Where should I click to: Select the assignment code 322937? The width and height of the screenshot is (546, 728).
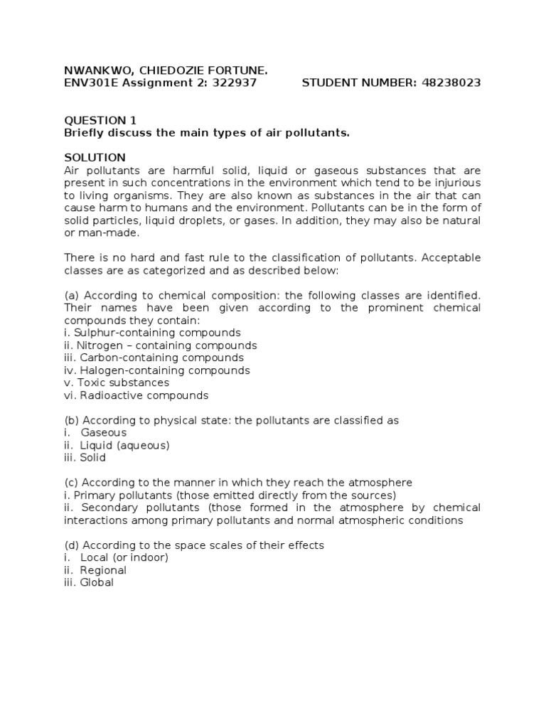[x=233, y=82]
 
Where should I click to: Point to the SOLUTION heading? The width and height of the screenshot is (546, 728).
[x=95, y=157]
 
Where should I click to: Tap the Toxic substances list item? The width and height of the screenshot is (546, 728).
[x=122, y=382]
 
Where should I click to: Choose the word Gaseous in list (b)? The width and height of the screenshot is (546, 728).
[x=103, y=433]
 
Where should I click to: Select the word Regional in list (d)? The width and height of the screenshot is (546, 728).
[x=103, y=570]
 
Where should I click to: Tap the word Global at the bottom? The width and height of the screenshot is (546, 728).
[x=97, y=583]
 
